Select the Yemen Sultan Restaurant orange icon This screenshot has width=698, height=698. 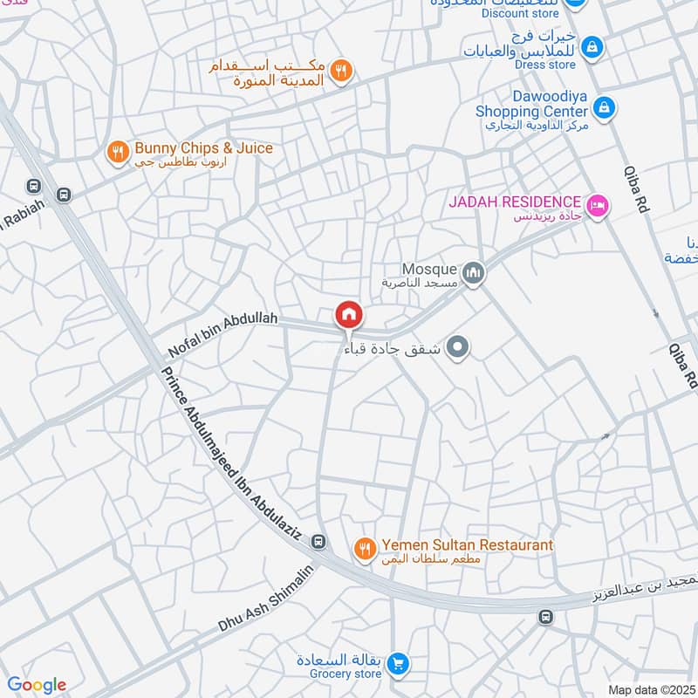(365, 548)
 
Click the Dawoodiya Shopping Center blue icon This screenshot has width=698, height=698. (603, 108)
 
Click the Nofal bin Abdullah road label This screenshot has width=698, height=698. (222, 335)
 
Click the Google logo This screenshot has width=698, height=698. (37, 685)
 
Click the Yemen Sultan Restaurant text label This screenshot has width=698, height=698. (466, 545)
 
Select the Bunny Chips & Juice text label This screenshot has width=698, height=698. (202, 148)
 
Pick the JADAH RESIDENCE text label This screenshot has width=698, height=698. (515, 202)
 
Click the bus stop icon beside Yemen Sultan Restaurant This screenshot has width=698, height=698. (319, 542)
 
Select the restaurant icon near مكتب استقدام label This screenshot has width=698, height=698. (343, 71)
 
